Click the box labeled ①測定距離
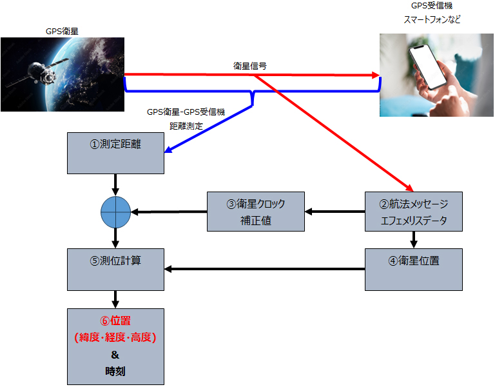point(115,153)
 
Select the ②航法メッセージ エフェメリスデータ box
point(413,211)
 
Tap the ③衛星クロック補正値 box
point(255,211)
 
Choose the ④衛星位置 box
point(413,269)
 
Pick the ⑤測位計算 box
point(115,269)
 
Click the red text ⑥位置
point(115,320)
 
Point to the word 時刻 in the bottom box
point(115,372)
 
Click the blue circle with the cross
point(115,211)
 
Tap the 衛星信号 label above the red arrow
point(250,66)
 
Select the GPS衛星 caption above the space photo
point(63,30)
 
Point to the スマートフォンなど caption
point(432,20)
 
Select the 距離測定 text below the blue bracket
point(186,126)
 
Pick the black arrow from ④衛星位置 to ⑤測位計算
point(264,269)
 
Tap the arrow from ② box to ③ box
point(335,211)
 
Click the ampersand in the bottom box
point(115,355)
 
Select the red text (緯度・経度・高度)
point(115,337)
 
